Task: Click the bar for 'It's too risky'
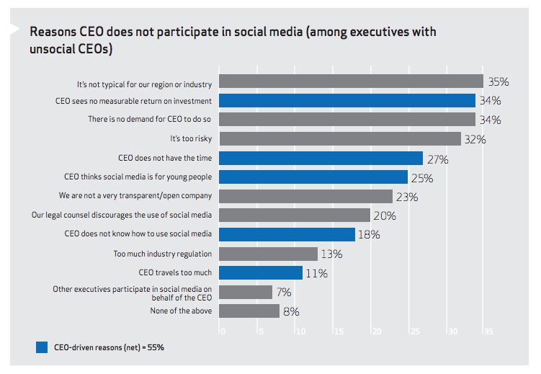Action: [339, 138]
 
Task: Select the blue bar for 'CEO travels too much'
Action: [260, 273]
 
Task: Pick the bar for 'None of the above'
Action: [249, 311]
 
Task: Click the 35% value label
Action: [499, 81]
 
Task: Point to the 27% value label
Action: [438, 159]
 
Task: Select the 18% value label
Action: [370, 235]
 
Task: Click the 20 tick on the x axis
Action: [375, 332]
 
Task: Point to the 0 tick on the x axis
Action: [223, 332]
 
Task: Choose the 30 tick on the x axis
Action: [452, 332]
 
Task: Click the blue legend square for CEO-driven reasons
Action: [42, 347]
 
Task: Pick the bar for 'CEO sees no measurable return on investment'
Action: [346, 100]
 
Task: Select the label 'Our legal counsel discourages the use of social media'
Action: [122, 215]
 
